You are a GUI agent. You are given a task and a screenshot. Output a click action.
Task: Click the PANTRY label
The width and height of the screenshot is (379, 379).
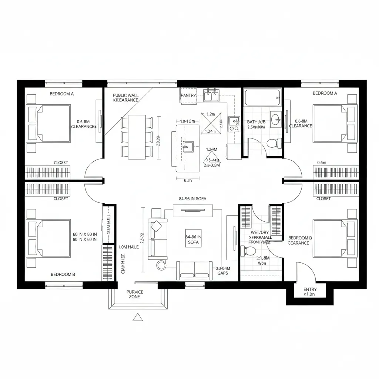pyautogui.click(x=188, y=95)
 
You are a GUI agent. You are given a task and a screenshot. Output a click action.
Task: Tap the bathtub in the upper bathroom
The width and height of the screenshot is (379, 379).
pyautogui.click(x=262, y=97)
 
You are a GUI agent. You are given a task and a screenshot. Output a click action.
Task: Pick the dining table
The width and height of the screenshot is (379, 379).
pyautogui.click(x=137, y=137)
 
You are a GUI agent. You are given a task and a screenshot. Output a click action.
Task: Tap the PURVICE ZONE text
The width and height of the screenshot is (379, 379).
pyautogui.click(x=135, y=294)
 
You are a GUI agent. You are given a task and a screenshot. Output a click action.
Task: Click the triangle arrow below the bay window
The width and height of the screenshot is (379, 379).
pyautogui.click(x=138, y=317)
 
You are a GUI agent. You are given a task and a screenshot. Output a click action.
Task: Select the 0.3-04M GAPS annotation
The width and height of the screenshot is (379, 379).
pyautogui.click(x=222, y=271)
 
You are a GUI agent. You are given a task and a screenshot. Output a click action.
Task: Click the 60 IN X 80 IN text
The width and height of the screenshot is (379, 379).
pyautogui.click(x=85, y=234)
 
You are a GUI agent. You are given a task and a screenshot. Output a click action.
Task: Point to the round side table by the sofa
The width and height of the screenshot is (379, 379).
pyautogui.click(x=161, y=265)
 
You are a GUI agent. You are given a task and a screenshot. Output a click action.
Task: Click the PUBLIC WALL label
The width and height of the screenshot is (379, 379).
pyautogui.click(x=125, y=95)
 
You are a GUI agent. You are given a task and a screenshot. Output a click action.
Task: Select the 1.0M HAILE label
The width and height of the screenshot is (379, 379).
pyautogui.click(x=128, y=247)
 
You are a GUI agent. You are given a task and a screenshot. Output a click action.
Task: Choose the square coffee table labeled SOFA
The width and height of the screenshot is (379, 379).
pyautogui.click(x=193, y=239)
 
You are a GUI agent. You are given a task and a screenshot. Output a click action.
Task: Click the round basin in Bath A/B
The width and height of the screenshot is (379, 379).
pyautogui.click(x=275, y=119)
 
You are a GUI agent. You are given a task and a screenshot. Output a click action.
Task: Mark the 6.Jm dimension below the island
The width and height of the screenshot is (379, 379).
pyautogui.click(x=188, y=181)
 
